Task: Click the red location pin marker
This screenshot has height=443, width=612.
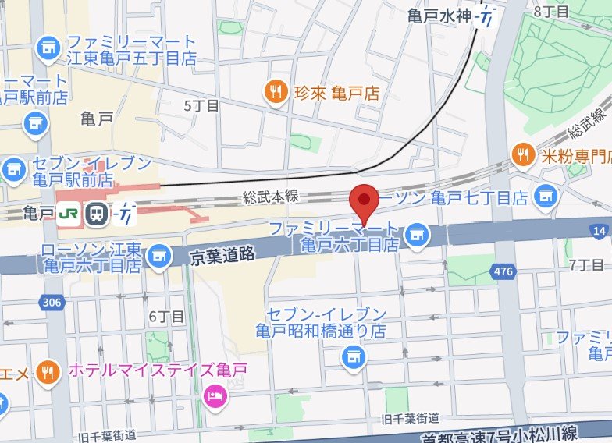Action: coord(363,201)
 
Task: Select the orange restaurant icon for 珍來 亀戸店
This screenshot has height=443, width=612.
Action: coord(275,93)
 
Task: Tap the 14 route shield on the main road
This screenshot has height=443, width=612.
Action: coord(600,231)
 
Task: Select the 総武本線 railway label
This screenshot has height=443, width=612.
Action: coord(271,197)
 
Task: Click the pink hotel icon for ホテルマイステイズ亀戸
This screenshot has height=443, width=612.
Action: coord(212,397)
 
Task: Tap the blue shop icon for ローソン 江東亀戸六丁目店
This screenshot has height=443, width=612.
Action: coord(160,254)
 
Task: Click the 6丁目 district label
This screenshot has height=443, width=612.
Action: coord(166,316)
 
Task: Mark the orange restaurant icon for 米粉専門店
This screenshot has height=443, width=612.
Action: coord(522,154)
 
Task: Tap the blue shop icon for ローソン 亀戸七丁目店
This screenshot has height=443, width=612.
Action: coord(546,197)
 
